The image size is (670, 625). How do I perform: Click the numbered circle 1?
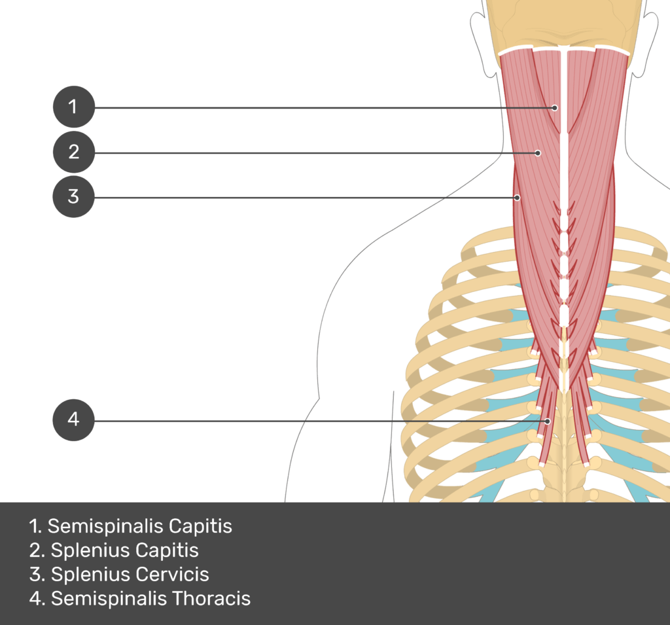click(x=73, y=107)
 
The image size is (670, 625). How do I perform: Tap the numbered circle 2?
click(x=73, y=152)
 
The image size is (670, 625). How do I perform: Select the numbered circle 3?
click(x=73, y=196)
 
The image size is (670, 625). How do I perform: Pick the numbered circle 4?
click(x=73, y=420)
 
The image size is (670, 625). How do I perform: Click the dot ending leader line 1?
click(x=555, y=107)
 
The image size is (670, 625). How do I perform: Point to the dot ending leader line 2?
click(x=538, y=153)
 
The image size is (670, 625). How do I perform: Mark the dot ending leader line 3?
click(x=517, y=197)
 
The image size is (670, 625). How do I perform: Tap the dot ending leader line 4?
click(x=548, y=420)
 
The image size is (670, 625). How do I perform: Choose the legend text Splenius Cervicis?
click(x=120, y=575)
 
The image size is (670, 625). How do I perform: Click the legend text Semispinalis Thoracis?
click(x=141, y=598)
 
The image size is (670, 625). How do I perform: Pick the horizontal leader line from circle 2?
click(x=314, y=153)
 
